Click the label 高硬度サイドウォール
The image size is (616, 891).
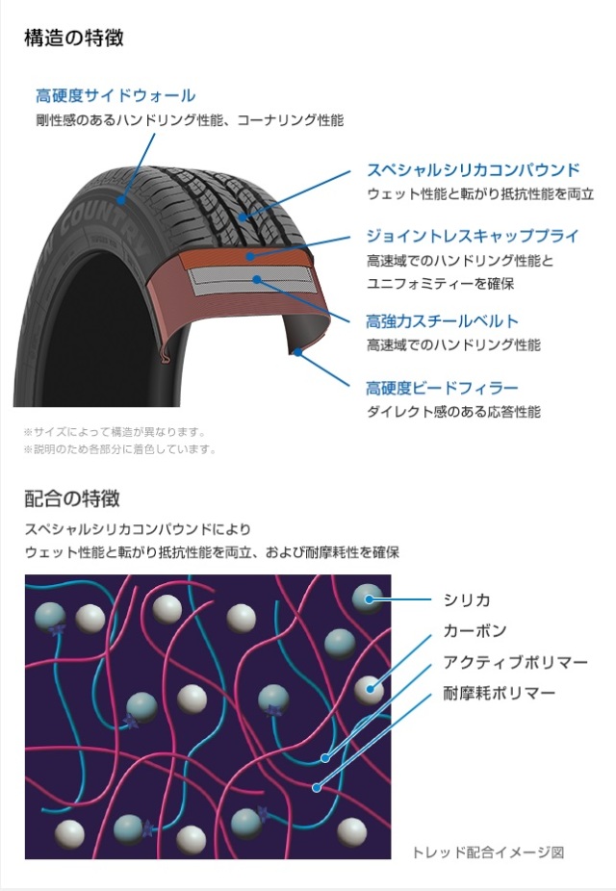click(115, 95)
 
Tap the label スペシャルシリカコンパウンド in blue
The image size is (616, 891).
click(473, 169)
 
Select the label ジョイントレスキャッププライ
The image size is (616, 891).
click(472, 236)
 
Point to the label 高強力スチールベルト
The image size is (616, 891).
click(442, 320)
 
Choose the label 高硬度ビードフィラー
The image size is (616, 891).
click(442, 388)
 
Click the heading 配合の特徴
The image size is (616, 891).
click(72, 499)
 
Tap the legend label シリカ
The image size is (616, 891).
click(467, 599)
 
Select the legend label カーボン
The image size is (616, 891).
click(475, 630)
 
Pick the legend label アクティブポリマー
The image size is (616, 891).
click(514, 661)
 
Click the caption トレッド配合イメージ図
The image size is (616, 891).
click(487, 853)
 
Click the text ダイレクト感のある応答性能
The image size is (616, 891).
click(453, 412)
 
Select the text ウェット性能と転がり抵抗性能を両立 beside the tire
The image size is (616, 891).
click(479, 193)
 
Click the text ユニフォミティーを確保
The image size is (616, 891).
click(440, 284)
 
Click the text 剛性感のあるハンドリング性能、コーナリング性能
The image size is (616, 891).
click(190, 120)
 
